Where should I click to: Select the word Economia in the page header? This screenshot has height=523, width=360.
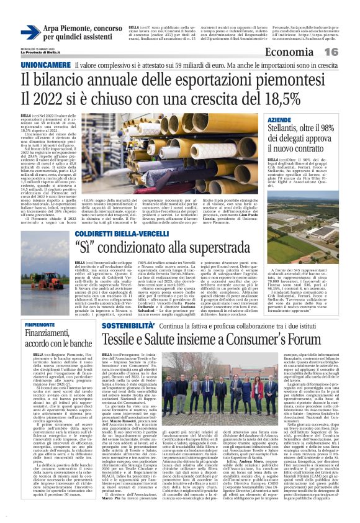pyautogui.click(x=308, y=52)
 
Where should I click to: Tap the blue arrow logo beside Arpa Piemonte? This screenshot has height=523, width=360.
pyautogui.click(x=30, y=32)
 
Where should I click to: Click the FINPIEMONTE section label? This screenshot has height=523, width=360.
pyautogui.click(x=40, y=325)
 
